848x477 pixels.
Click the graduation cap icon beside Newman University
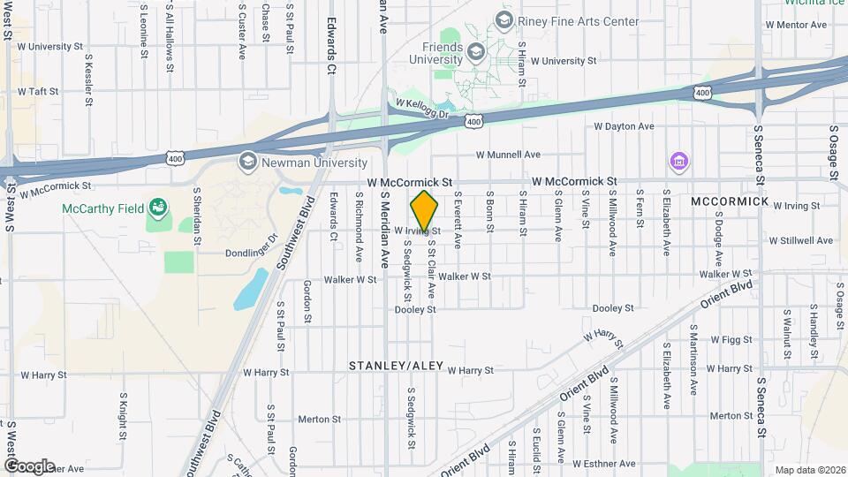247,162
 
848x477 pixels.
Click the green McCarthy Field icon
158,208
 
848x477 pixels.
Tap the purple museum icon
679,163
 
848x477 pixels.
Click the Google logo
29,466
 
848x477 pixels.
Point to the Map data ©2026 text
809,470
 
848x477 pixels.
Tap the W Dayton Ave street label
624,126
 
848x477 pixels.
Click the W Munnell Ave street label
508,155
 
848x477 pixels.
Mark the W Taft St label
37,91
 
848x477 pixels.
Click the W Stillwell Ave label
800,240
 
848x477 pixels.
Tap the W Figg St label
731,339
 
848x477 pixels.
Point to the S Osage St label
834,152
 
